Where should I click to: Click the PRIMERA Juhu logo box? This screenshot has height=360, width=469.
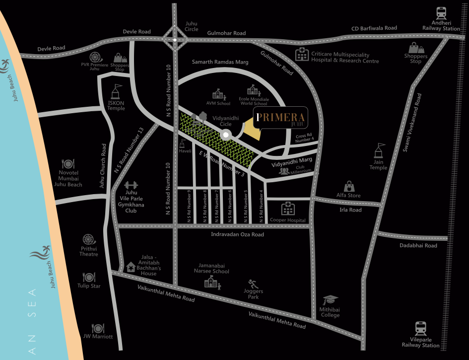click(x=281, y=118)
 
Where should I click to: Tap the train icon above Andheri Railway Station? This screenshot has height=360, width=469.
click(x=441, y=13)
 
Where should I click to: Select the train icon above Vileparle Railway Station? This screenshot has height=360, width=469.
click(x=420, y=328)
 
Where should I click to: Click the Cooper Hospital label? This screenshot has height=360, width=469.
click(x=288, y=220)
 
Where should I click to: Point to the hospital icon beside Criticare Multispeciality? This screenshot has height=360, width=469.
click(x=301, y=55)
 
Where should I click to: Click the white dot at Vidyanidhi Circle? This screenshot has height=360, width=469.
click(x=226, y=135)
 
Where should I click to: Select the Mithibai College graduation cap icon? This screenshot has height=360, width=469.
click(x=330, y=300)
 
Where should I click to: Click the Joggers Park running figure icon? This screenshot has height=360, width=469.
click(x=253, y=284)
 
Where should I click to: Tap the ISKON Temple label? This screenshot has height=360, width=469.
click(x=116, y=105)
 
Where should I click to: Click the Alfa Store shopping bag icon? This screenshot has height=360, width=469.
click(x=349, y=186)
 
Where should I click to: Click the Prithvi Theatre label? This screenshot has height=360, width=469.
click(x=89, y=251)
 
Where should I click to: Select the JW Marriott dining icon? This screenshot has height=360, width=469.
click(x=98, y=328)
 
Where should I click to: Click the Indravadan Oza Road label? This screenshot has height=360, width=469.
click(x=237, y=234)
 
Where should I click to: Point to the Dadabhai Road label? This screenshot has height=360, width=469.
click(x=418, y=245)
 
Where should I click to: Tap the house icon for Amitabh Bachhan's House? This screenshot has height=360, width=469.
click(x=131, y=267)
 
